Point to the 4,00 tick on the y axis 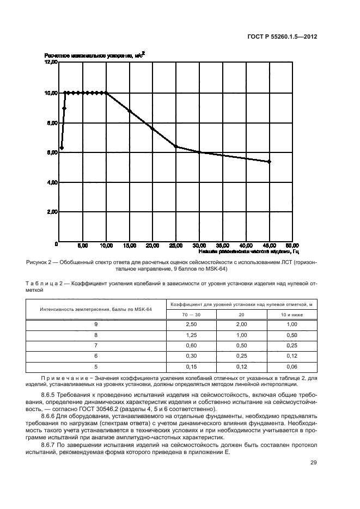(51, 182)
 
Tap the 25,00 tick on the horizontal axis (175, 246)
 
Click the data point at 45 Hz (269, 162)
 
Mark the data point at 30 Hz (199, 152)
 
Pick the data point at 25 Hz (175, 146)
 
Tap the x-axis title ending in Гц (248, 252)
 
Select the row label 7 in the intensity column (96, 345)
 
